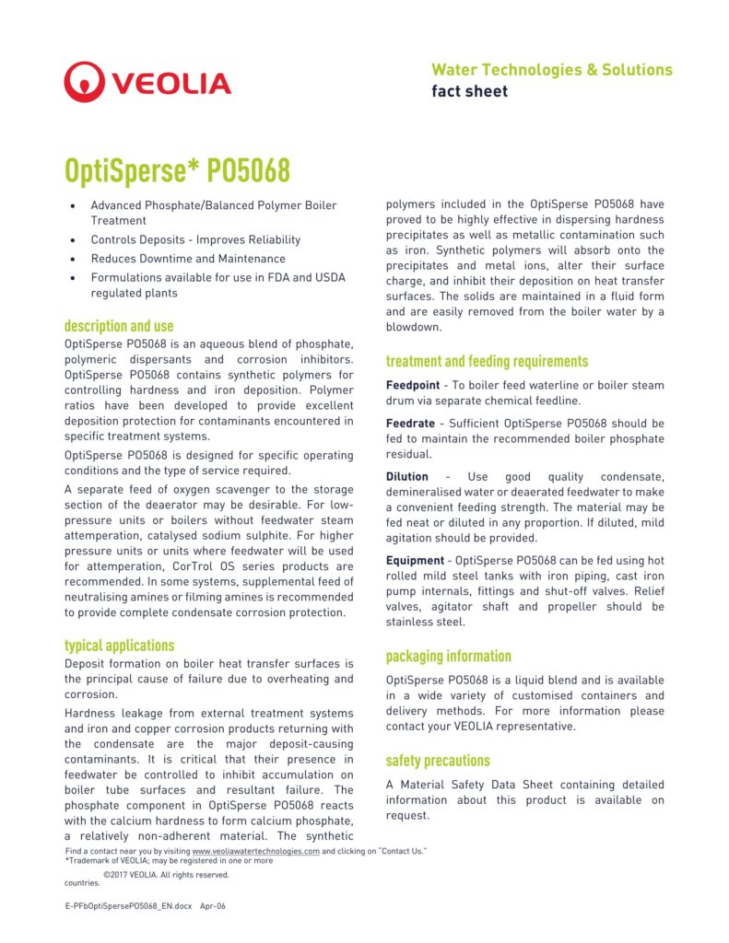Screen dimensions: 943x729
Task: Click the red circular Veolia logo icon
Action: tap(85, 82)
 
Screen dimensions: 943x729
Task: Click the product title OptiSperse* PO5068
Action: tap(176, 170)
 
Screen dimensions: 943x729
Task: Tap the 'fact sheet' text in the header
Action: tap(469, 91)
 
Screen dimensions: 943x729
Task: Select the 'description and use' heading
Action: tap(118, 326)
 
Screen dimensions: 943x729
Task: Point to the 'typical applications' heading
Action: tap(119, 646)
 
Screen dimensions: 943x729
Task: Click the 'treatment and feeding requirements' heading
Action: tap(487, 361)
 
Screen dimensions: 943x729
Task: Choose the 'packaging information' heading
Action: tap(448, 656)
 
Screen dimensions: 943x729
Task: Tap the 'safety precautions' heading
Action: tap(438, 761)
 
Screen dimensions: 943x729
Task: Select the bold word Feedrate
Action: tap(410, 424)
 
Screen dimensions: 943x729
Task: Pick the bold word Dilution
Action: tap(406, 477)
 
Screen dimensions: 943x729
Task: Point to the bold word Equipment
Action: tap(414, 561)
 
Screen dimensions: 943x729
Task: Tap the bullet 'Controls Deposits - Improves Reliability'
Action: tap(194, 239)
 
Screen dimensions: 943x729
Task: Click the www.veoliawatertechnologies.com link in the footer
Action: tap(255, 852)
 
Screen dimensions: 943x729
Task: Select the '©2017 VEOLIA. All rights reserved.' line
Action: tap(166, 875)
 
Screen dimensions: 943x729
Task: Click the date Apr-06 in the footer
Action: tap(213, 906)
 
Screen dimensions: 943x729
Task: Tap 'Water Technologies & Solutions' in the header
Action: tap(551, 70)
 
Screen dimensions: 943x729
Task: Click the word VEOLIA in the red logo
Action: tap(171, 84)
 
